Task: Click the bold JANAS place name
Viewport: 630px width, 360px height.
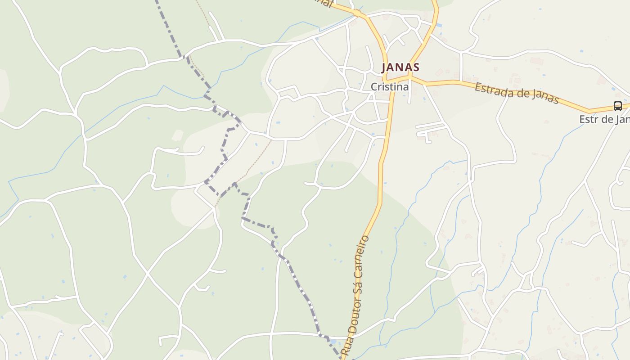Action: (x=400, y=67)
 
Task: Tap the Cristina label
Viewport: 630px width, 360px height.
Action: (x=390, y=87)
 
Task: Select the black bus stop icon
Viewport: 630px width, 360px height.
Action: (x=617, y=106)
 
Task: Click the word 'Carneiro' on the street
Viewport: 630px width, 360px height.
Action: (x=364, y=256)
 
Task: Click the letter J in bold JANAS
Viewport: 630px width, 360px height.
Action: (x=384, y=67)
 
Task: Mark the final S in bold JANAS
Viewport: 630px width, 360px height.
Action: (x=416, y=67)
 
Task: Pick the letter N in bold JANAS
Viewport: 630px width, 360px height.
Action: (x=400, y=67)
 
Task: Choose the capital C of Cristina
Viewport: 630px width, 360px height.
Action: (x=374, y=87)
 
